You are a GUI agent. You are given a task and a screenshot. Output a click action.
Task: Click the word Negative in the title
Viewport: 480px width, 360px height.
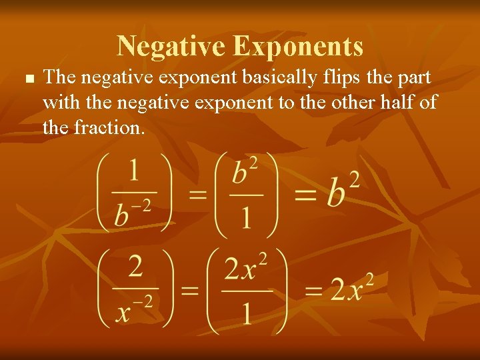pyautogui.click(x=171, y=46)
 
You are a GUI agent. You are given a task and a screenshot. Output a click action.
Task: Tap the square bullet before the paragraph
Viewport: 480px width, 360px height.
pyautogui.click(x=28, y=79)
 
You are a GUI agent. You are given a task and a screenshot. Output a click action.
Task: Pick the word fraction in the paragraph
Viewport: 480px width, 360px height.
pyautogui.click(x=117, y=127)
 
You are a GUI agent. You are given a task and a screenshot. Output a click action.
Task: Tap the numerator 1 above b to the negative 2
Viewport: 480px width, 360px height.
pyautogui.click(x=133, y=171)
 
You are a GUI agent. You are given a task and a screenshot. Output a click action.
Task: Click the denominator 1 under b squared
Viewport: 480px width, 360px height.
pyautogui.click(x=246, y=217)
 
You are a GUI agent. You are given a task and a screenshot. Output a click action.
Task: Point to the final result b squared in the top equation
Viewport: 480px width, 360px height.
pyautogui.click(x=343, y=191)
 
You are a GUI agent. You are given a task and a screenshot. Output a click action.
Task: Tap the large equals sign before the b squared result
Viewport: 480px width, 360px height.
pyautogui.click(x=308, y=194)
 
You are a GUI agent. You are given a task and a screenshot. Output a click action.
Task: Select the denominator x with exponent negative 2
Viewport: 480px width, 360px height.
pyautogui.click(x=134, y=310)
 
